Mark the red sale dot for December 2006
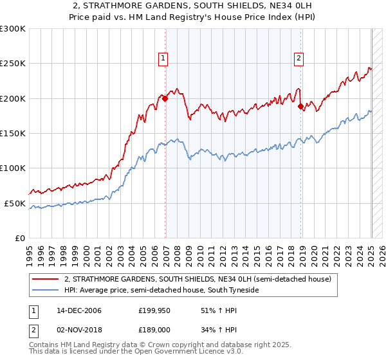coord(165,98)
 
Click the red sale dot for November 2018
coord(300,106)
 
